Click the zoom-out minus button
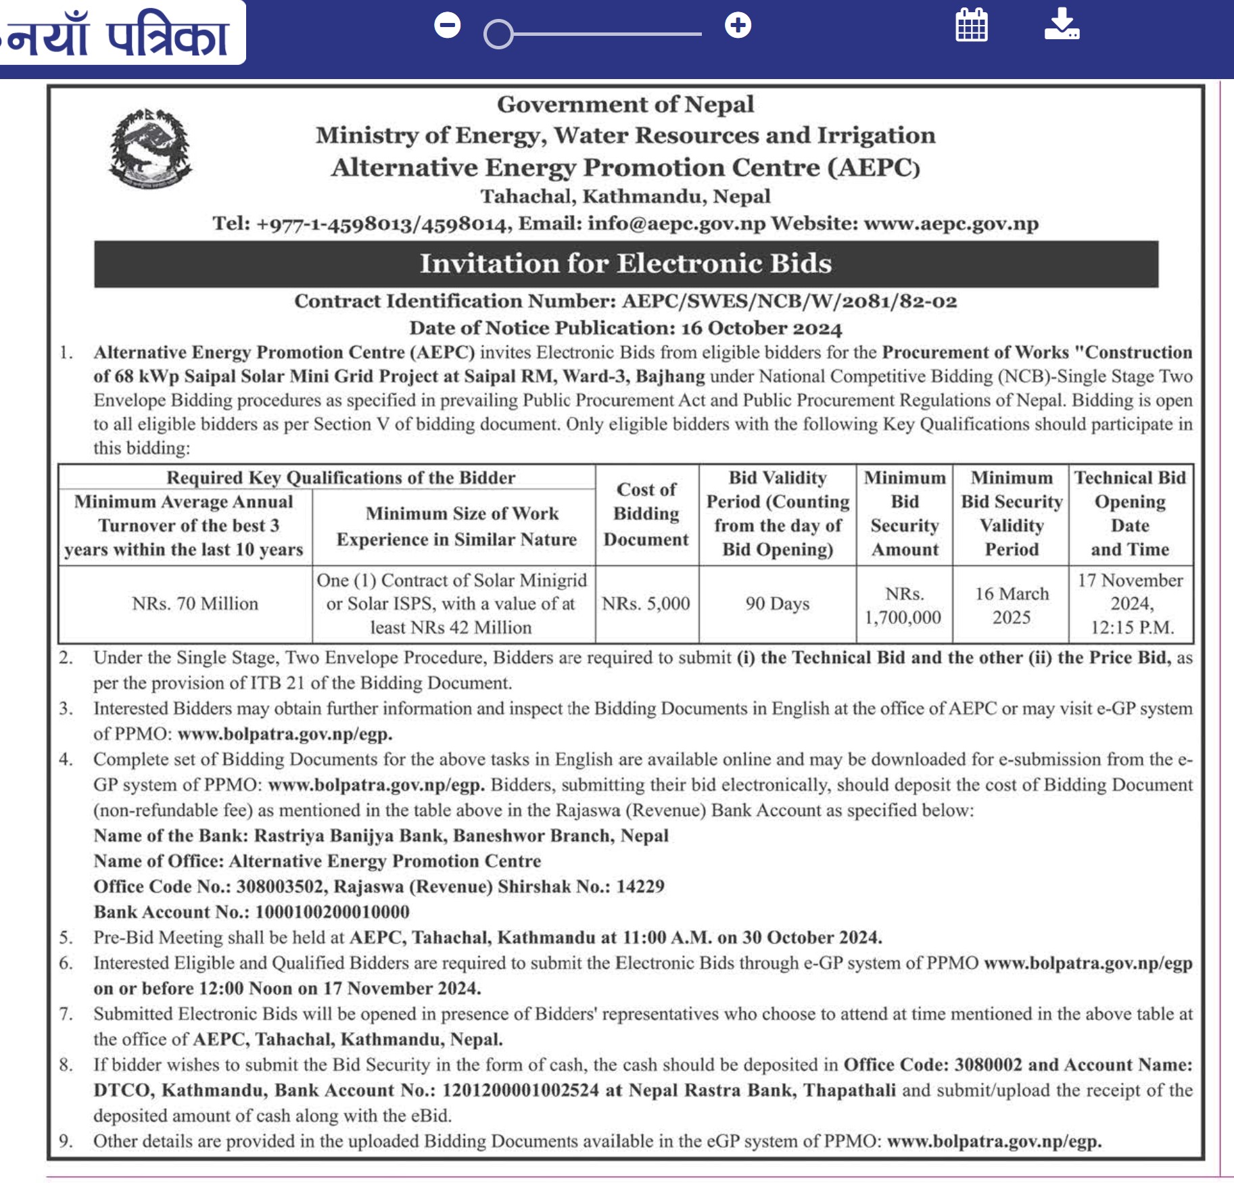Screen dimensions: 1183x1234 click(447, 26)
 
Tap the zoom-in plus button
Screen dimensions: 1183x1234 click(738, 26)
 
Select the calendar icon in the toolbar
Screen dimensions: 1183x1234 click(971, 26)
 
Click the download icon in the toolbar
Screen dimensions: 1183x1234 click(1062, 25)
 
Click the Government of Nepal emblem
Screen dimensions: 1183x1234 click(150, 149)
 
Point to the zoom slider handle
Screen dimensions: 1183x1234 click(498, 34)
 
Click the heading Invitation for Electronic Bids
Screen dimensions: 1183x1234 click(625, 264)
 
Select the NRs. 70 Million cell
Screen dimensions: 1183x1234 click(195, 604)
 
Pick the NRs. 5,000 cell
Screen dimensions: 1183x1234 click(646, 604)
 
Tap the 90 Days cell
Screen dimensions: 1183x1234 click(777, 604)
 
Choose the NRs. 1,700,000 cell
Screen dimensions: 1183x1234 click(903, 606)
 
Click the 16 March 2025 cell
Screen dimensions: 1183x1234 click(1011, 606)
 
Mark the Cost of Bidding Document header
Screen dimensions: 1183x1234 click(646, 514)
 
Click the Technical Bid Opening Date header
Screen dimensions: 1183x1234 click(1130, 514)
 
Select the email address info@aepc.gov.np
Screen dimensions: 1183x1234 click(676, 224)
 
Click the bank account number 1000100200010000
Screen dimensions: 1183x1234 click(333, 912)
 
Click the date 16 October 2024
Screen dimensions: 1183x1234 click(761, 329)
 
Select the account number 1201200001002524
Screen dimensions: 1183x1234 click(520, 1090)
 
